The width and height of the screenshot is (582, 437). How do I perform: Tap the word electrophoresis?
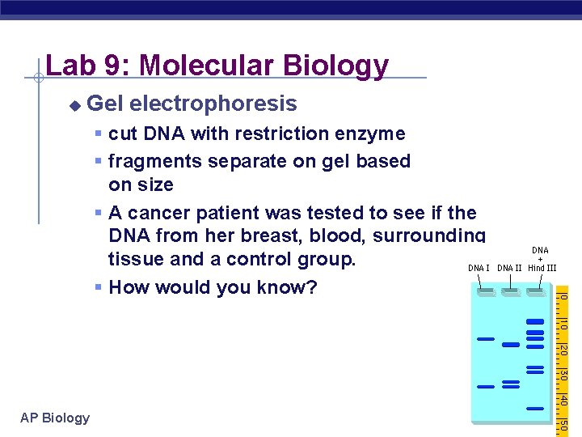(x=213, y=104)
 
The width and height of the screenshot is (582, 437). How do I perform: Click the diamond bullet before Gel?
(x=74, y=104)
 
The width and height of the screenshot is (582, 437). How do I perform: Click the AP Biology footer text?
(x=56, y=418)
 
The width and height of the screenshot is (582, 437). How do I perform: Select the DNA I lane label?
(x=479, y=268)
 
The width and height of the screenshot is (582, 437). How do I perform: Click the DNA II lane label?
(x=509, y=268)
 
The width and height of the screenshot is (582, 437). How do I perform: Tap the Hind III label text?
(x=542, y=268)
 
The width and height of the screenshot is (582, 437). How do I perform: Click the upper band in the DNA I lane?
(x=485, y=338)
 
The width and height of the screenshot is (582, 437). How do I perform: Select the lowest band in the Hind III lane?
(x=534, y=408)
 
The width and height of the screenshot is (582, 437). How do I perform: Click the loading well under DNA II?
(x=510, y=293)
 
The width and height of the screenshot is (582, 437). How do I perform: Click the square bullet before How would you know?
(x=97, y=288)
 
